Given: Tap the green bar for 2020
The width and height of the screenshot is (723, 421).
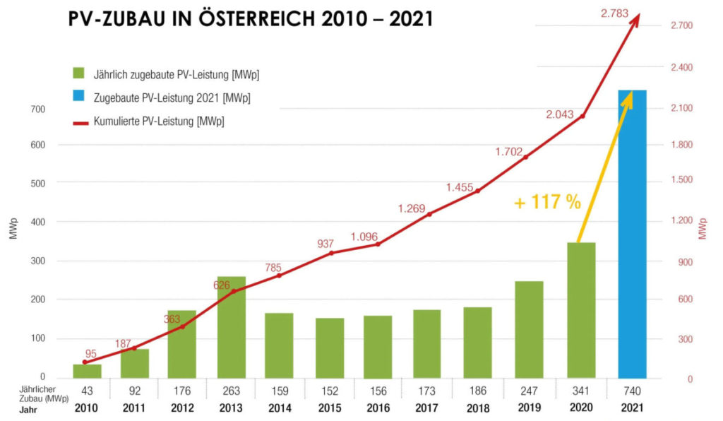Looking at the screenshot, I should point(582,311).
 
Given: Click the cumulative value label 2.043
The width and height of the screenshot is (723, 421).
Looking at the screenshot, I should point(563,114).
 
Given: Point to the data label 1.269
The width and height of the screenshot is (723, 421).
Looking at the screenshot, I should point(413,208).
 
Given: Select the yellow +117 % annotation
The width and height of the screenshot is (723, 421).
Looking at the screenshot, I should point(547,203).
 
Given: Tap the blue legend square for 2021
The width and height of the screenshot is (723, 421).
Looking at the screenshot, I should point(79,97).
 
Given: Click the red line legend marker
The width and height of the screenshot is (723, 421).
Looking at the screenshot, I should point(79,122).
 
